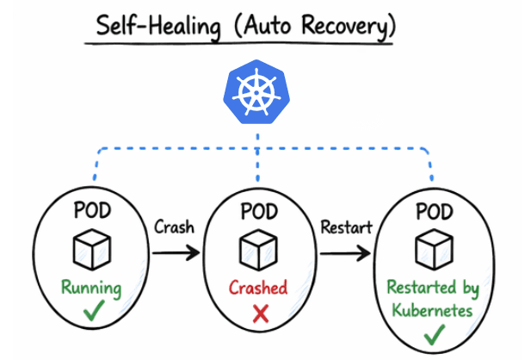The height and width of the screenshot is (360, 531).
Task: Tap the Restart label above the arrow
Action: [x=346, y=228]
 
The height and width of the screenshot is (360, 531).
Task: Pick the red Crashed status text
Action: [x=258, y=288]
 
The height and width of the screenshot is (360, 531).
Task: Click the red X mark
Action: [x=259, y=315]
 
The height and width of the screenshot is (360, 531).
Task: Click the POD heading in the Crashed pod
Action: [x=259, y=211]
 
